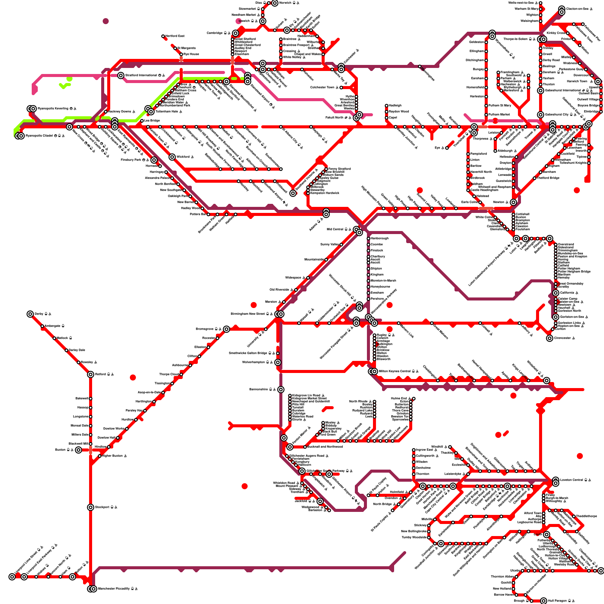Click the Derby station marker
pos(30,314)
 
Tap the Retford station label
pos(100,374)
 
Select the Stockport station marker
pos(91,507)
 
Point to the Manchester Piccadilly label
pos(114,589)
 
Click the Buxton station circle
pos(78,450)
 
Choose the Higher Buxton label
pos(112,456)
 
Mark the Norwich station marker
pos(275,3)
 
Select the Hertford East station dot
pos(163,37)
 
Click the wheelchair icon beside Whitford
pos(193,157)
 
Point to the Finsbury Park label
pos(131,160)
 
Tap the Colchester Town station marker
pos(341,88)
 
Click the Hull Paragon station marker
pos(544,601)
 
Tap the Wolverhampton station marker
pos(278,362)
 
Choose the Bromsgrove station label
pos(205,329)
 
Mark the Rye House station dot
pos(181,54)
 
